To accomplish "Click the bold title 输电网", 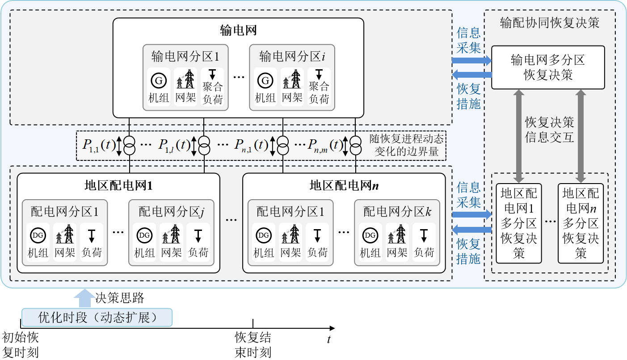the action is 238,30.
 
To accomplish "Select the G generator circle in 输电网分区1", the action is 159,80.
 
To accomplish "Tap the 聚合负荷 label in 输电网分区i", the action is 319,92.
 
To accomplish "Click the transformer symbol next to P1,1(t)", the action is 129,146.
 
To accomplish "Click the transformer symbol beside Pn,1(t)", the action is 283,146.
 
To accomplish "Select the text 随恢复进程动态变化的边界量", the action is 406,145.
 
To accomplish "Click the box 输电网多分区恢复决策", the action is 548,67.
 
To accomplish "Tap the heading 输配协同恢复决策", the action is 550,23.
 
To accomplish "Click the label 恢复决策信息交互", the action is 550,130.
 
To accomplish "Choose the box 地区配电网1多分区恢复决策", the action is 519,223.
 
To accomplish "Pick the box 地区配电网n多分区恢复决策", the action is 581,223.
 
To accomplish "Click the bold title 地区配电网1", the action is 119,185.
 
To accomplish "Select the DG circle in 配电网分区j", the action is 144,235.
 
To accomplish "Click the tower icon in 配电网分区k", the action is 397,234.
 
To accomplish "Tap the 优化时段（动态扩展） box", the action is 97,318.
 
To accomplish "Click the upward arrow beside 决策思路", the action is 84,298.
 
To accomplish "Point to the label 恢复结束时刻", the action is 253,345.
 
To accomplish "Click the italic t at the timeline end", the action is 329,339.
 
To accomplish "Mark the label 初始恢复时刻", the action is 21,345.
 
